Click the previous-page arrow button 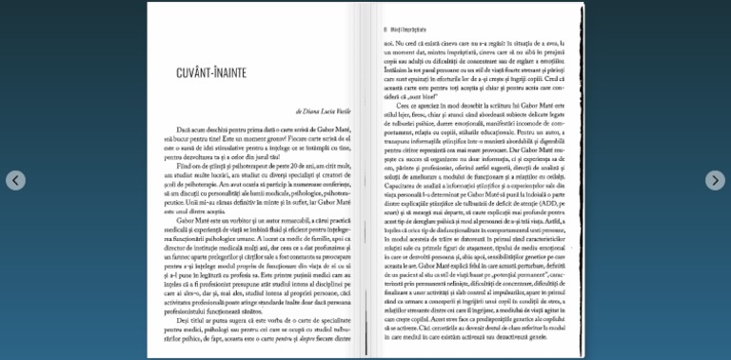click(x=15, y=180)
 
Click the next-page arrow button click(x=715, y=180)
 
